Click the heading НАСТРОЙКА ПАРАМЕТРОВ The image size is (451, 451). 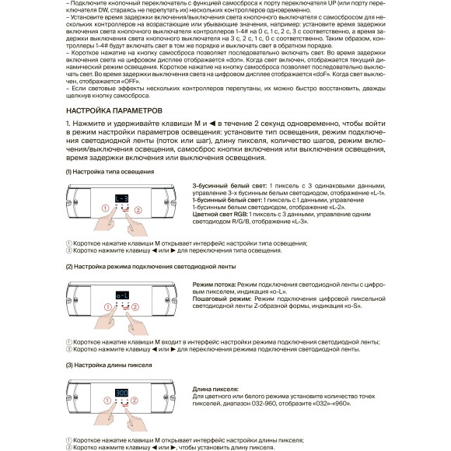(114, 110)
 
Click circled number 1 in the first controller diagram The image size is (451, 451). (102, 208)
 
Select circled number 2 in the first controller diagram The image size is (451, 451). (138, 209)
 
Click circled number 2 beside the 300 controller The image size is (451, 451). (138, 404)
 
